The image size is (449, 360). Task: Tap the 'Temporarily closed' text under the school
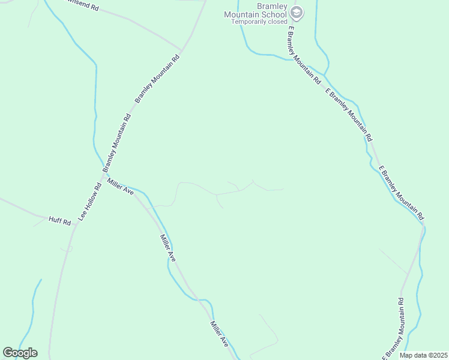click(x=260, y=22)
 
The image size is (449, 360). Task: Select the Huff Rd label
click(x=60, y=221)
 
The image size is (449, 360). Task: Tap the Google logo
click(x=20, y=353)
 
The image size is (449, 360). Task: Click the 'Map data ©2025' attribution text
click(x=423, y=355)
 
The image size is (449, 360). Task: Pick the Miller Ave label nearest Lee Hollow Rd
click(x=121, y=186)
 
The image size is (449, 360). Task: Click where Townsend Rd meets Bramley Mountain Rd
click(x=181, y=50)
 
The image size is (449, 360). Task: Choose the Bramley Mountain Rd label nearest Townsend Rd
click(x=157, y=79)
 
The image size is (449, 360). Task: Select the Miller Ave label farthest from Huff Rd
click(x=219, y=333)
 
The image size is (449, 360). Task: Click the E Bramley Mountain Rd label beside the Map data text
click(x=393, y=328)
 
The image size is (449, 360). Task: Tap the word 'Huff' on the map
click(x=56, y=220)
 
